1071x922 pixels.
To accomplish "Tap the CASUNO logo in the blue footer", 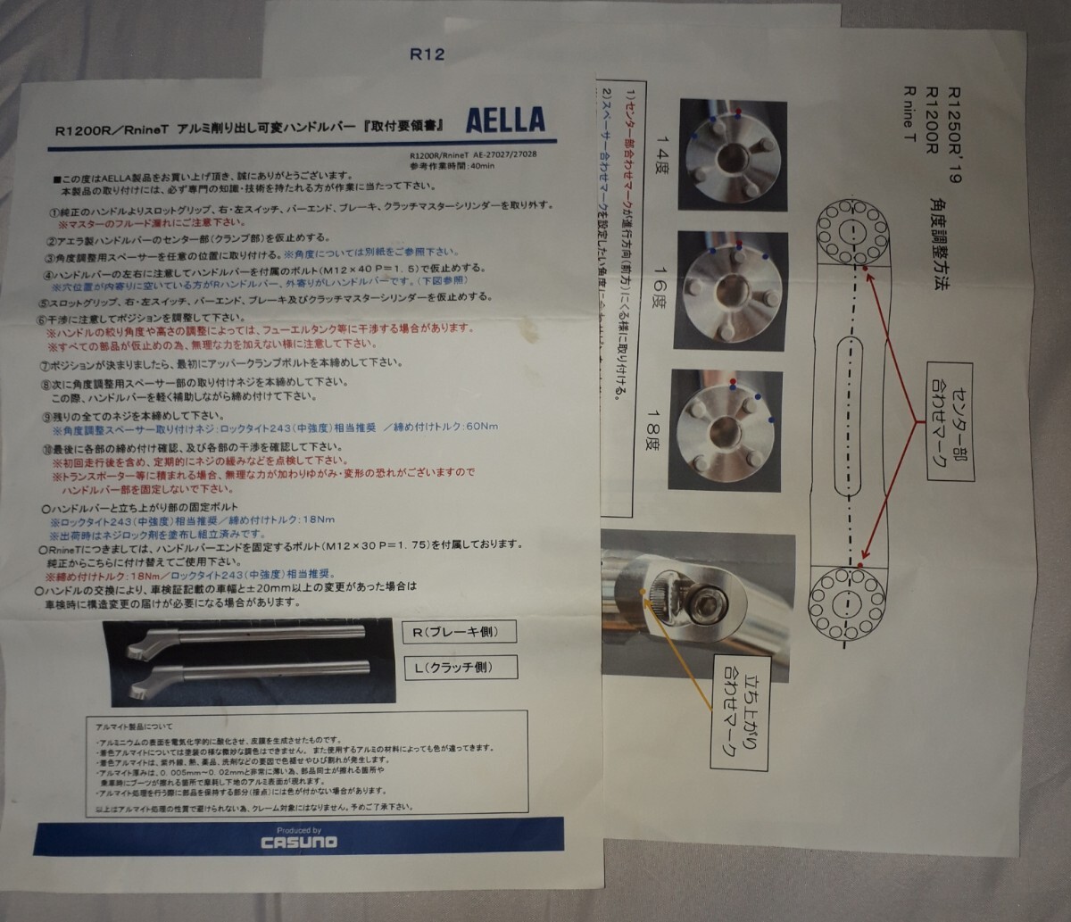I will (299, 841).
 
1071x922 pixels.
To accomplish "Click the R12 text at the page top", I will (427, 52).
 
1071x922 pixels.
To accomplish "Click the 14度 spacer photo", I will (733, 155).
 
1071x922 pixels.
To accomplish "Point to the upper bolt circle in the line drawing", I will (851, 235).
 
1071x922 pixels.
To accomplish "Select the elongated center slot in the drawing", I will (852, 416).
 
